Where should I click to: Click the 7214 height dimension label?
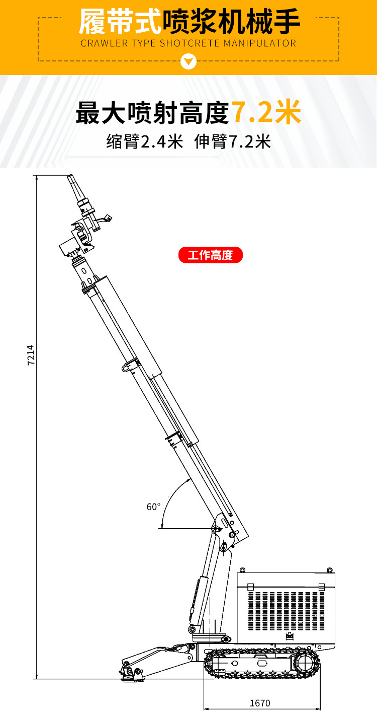point(31,354)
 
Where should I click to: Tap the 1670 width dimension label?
point(260,703)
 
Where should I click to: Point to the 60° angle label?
point(153,507)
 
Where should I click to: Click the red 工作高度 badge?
point(211,255)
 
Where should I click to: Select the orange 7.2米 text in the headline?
point(266,112)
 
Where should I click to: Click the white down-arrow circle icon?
point(189,61)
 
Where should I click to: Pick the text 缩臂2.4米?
point(145,141)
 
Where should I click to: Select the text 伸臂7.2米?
point(233,141)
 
